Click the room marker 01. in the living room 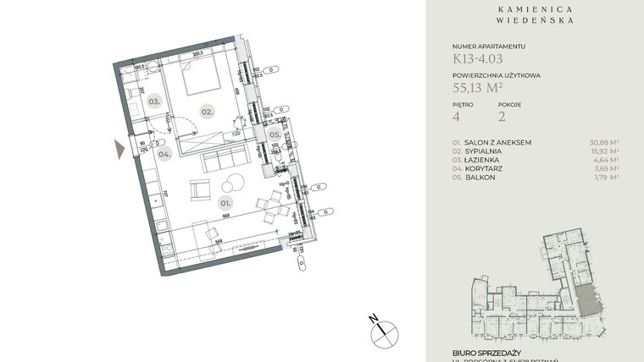point(225,203)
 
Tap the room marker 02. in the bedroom point(207,111)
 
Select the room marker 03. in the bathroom point(155,101)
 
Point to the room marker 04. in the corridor point(164,153)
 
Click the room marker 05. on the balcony point(275,134)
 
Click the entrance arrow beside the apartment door point(120,150)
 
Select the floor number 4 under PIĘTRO point(458,117)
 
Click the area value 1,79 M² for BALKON point(605,177)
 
